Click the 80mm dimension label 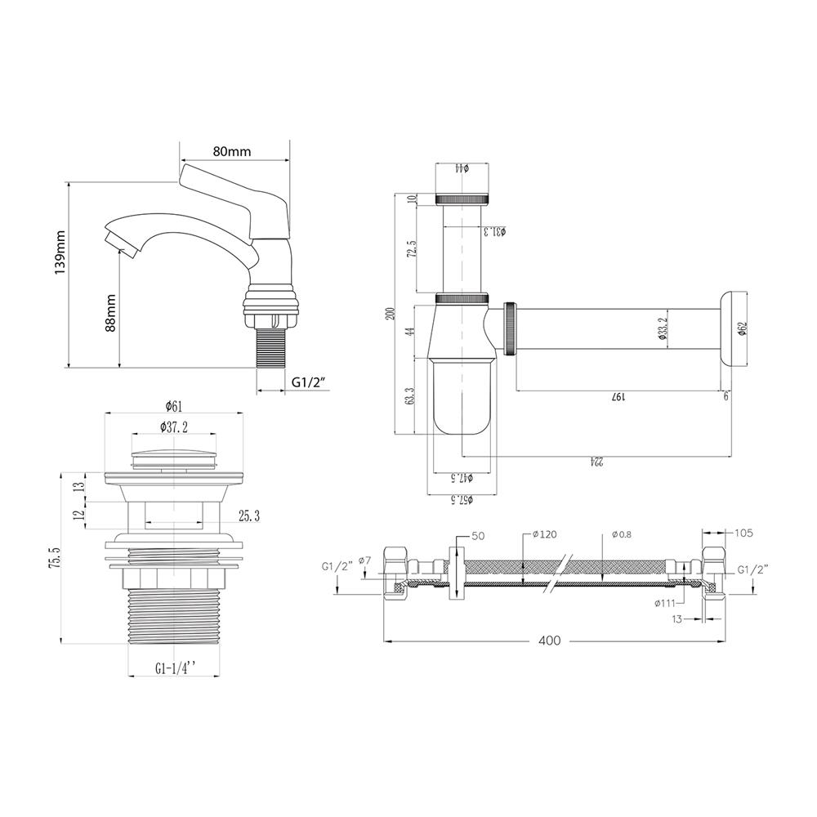click(x=232, y=151)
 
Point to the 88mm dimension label click(x=110, y=312)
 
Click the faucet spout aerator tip click(x=121, y=245)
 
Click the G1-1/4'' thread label click(x=176, y=668)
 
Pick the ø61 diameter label click(x=174, y=405)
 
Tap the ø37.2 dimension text click(x=174, y=426)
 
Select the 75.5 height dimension click(x=54, y=557)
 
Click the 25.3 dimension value click(x=249, y=516)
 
